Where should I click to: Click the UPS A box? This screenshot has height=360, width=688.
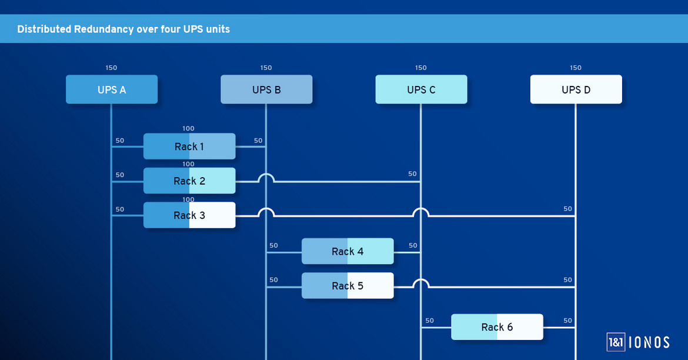112,89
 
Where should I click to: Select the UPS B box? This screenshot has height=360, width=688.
266,89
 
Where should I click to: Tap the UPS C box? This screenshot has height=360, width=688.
421,89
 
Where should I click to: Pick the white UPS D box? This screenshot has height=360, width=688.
576,89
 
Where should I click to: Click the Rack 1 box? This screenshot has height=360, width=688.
189,146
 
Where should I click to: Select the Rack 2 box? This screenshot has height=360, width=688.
189,181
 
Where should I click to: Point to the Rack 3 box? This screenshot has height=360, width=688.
189,215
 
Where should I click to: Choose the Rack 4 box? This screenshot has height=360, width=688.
348,251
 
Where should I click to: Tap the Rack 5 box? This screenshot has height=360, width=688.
348,286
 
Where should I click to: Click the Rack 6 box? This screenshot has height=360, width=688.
497,327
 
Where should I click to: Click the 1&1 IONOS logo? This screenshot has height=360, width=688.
638,342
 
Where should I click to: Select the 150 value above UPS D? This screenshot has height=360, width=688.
576,68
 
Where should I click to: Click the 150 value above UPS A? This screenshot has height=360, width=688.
111,68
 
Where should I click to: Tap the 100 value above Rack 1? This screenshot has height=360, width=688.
188,129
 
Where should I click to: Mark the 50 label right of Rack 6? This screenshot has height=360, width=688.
567,321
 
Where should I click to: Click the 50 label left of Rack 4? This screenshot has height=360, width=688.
273,245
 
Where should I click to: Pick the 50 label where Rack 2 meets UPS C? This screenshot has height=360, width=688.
412,174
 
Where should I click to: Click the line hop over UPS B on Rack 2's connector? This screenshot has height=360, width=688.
266,177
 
